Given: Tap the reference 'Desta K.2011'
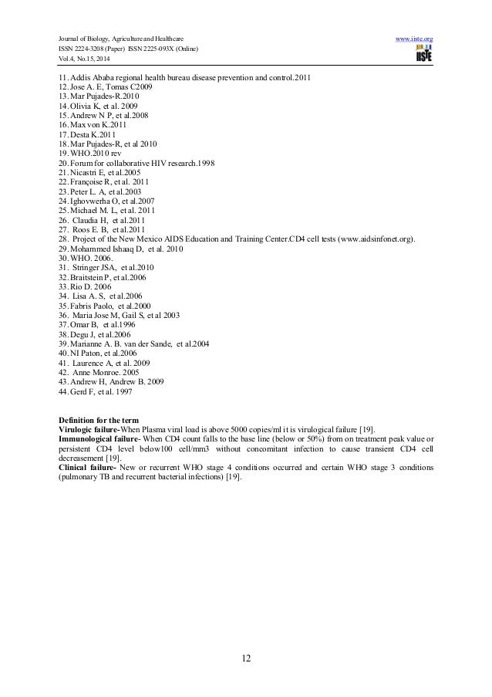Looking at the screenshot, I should coord(89,134).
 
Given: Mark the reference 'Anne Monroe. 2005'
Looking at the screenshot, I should coord(100,371).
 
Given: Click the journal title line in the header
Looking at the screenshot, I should coord(120,37).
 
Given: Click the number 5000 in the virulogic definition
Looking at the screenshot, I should coord(200,427).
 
